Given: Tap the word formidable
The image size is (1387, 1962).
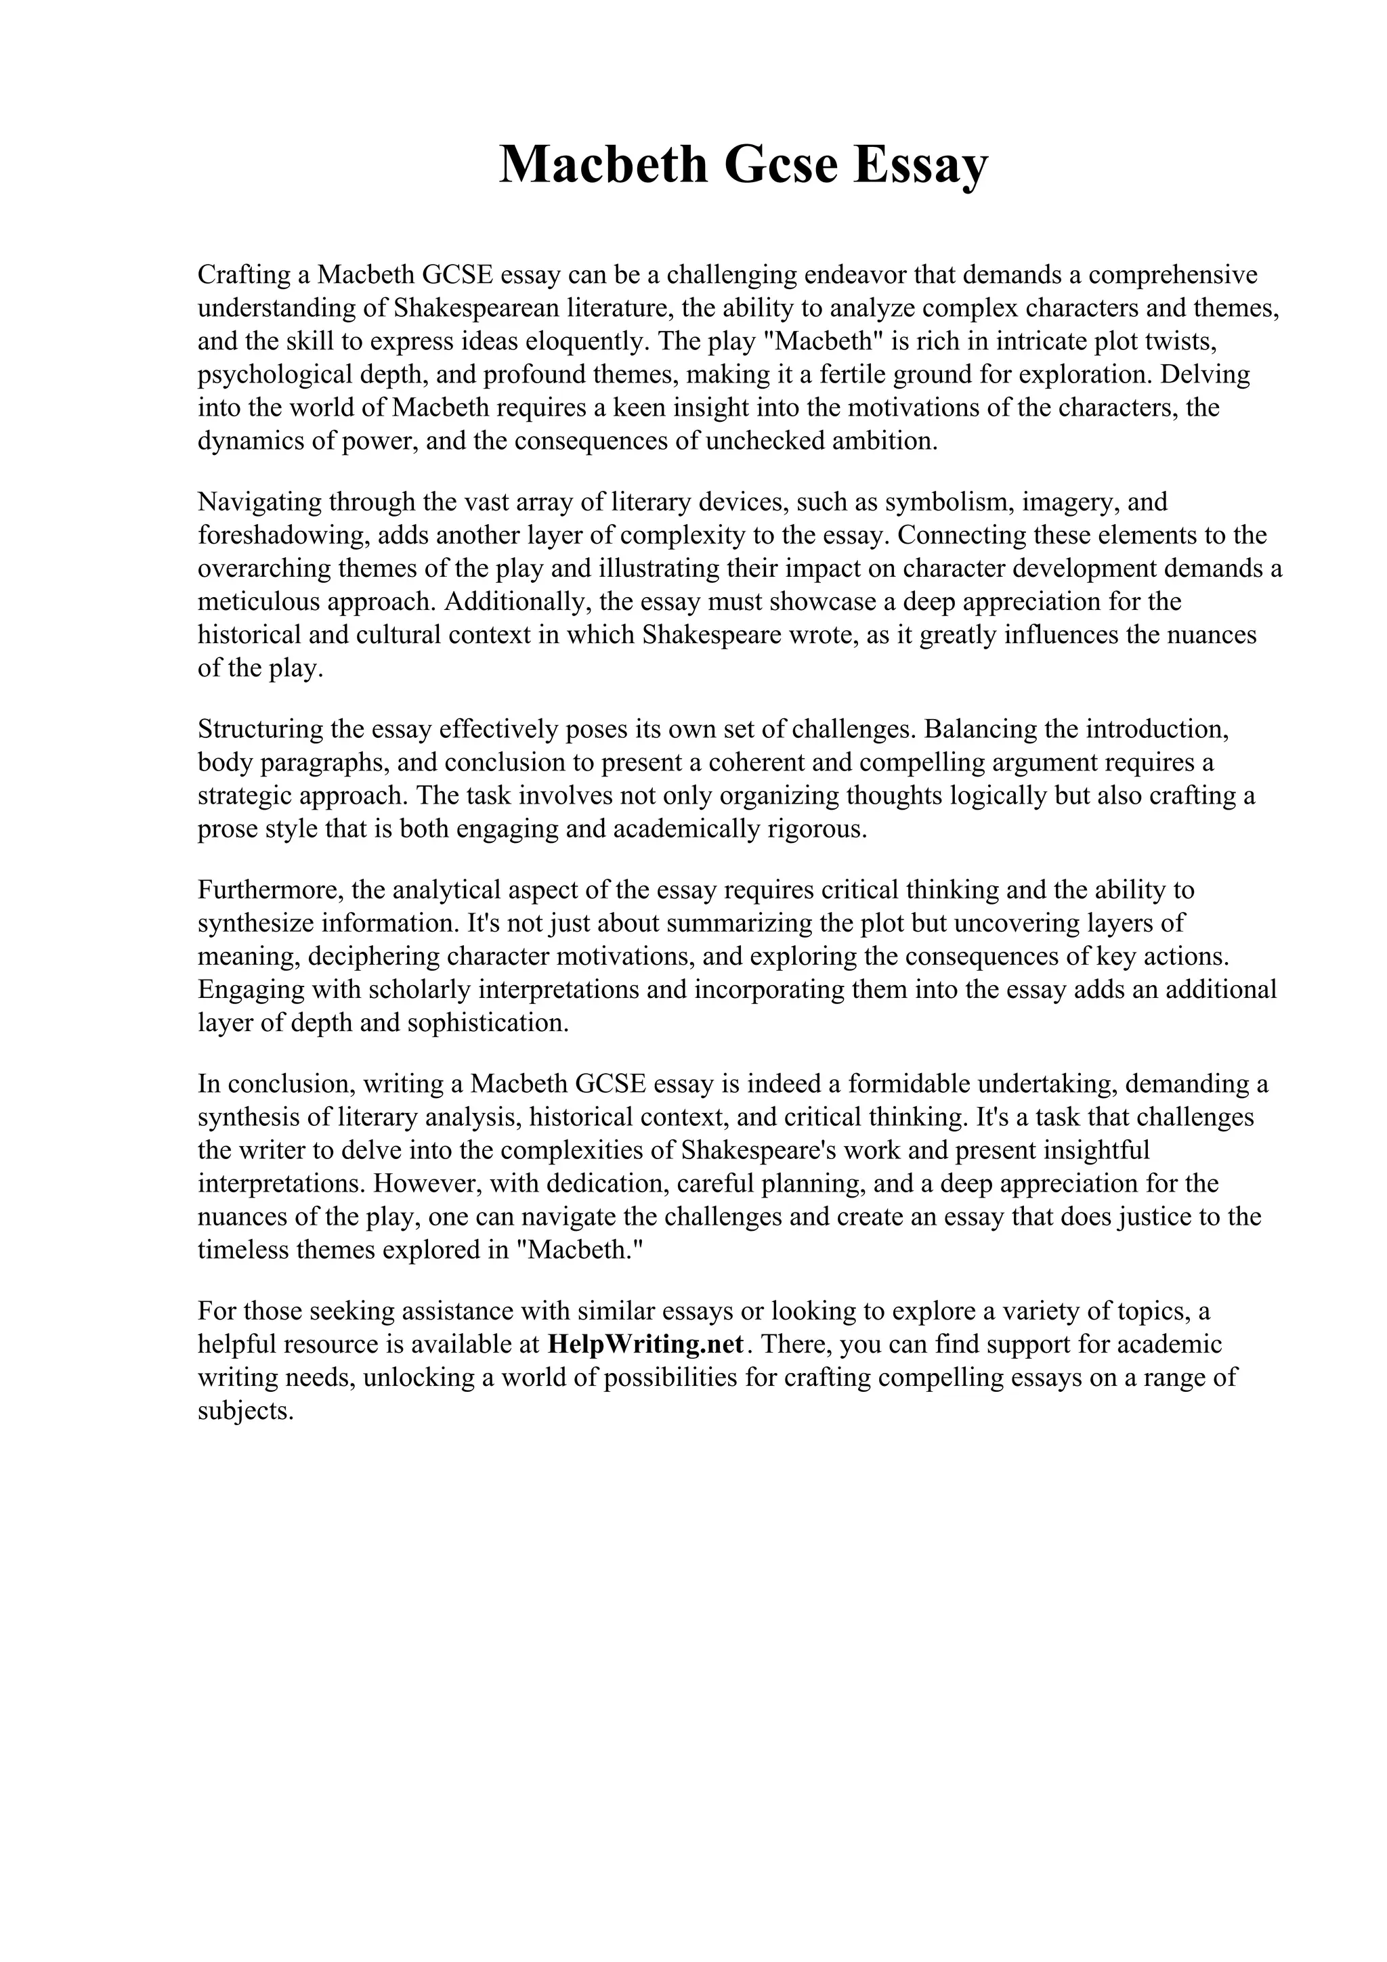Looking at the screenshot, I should point(910,1083).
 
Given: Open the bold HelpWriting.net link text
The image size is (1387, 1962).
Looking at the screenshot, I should point(646,1344).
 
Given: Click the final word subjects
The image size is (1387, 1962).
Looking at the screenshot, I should point(246,1411).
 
